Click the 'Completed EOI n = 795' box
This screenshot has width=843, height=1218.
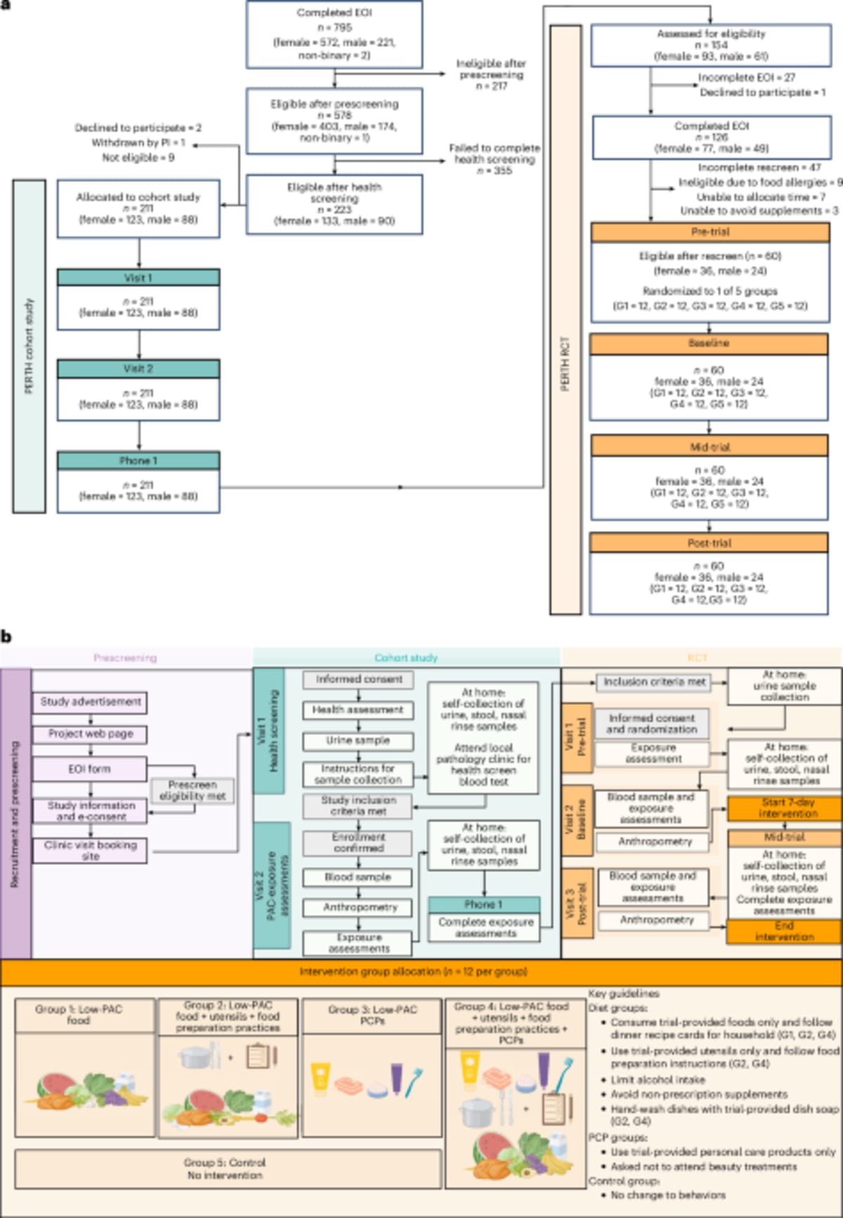pyautogui.click(x=334, y=34)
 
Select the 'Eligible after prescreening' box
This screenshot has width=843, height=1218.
pyautogui.click(x=334, y=120)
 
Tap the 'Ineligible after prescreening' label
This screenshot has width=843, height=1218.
pyautogui.click(x=491, y=74)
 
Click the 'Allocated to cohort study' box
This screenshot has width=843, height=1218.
pyautogui.click(x=138, y=208)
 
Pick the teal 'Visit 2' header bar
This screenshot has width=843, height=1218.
pyautogui.click(x=138, y=369)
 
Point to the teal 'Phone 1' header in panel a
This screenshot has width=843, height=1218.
pyautogui.click(x=138, y=461)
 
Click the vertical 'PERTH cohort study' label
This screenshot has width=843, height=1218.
pyautogui.click(x=29, y=346)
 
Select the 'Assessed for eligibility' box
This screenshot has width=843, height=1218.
pyautogui.click(x=711, y=44)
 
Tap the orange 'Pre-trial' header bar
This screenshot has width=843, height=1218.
pyautogui.click(x=710, y=232)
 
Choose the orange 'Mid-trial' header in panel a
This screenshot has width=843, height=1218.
pyautogui.click(x=710, y=446)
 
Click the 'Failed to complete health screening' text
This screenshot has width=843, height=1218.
pyautogui.click(x=495, y=159)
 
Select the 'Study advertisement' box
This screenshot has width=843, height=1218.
pyautogui.click(x=90, y=702)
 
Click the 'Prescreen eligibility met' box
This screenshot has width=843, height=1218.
pyautogui.click(x=192, y=790)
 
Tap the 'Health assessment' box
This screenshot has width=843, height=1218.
pyautogui.click(x=358, y=710)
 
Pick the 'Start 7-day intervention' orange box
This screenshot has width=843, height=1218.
pyautogui.click(x=783, y=808)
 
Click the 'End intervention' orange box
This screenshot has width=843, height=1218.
pyautogui.click(x=783, y=931)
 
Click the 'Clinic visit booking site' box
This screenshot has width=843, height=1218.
pyautogui.click(x=90, y=851)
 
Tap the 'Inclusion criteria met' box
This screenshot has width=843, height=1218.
pyautogui.click(x=654, y=682)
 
